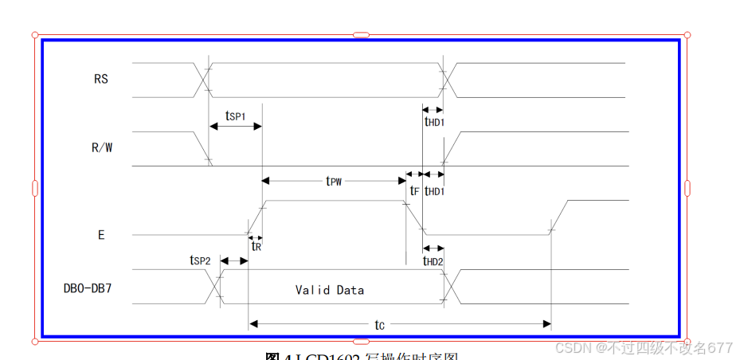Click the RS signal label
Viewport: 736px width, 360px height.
pyautogui.click(x=100, y=79)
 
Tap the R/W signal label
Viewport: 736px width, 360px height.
pyautogui.click(x=102, y=147)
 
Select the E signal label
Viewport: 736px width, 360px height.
pyautogui.click(x=101, y=235)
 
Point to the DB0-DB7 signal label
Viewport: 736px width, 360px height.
pyautogui.click(x=88, y=288)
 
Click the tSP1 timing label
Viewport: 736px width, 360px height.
pyautogui.click(x=235, y=116)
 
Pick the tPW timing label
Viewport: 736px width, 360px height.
pyautogui.click(x=334, y=181)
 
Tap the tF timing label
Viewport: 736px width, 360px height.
pyautogui.click(x=414, y=191)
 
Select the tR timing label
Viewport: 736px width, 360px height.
pyautogui.click(x=256, y=247)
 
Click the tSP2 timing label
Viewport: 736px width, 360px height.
pyautogui.click(x=200, y=260)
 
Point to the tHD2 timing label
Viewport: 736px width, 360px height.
pyautogui.click(x=433, y=260)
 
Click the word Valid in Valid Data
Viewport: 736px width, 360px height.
pyautogui.click(x=312, y=290)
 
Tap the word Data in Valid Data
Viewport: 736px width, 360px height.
pyautogui.click(x=350, y=290)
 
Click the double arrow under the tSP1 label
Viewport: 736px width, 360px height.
pyautogui.click(x=235, y=126)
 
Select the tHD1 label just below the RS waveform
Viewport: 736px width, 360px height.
pyautogui.click(x=434, y=122)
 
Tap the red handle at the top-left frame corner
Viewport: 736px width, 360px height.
pyautogui.click(x=34, y=35)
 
